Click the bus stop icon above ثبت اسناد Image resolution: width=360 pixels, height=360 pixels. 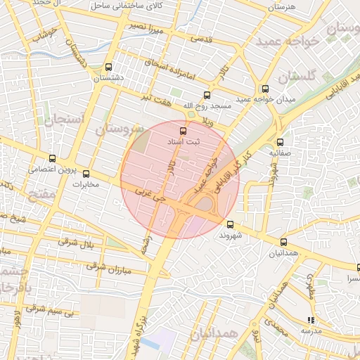pyautogui.click(x=184, y=131)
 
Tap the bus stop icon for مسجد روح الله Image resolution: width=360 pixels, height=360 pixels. pyautogui.click(x=207, y=95)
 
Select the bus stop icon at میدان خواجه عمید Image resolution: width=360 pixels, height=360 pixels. pyautogui.click(x=265, y=89)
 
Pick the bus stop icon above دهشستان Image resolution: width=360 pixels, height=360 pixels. pyautogui.click(x=108, y=67)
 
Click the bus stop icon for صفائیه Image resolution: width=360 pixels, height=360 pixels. pyautogui.click(x=280, y=141)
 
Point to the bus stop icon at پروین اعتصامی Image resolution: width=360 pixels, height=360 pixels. pyautogui.click(x=53, y=158)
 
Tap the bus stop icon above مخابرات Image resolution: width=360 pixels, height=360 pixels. pyautogui.click(x=86, y=174)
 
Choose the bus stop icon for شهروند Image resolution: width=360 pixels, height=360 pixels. pyautogui.click(x=231, y=225)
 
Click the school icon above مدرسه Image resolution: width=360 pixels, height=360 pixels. pyautogui.click(x=311, y=320)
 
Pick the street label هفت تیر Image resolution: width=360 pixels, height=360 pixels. pyautogui.click(x=156, y=98)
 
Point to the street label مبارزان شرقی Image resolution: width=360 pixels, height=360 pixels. pyautogui.click(x=108, y=265)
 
